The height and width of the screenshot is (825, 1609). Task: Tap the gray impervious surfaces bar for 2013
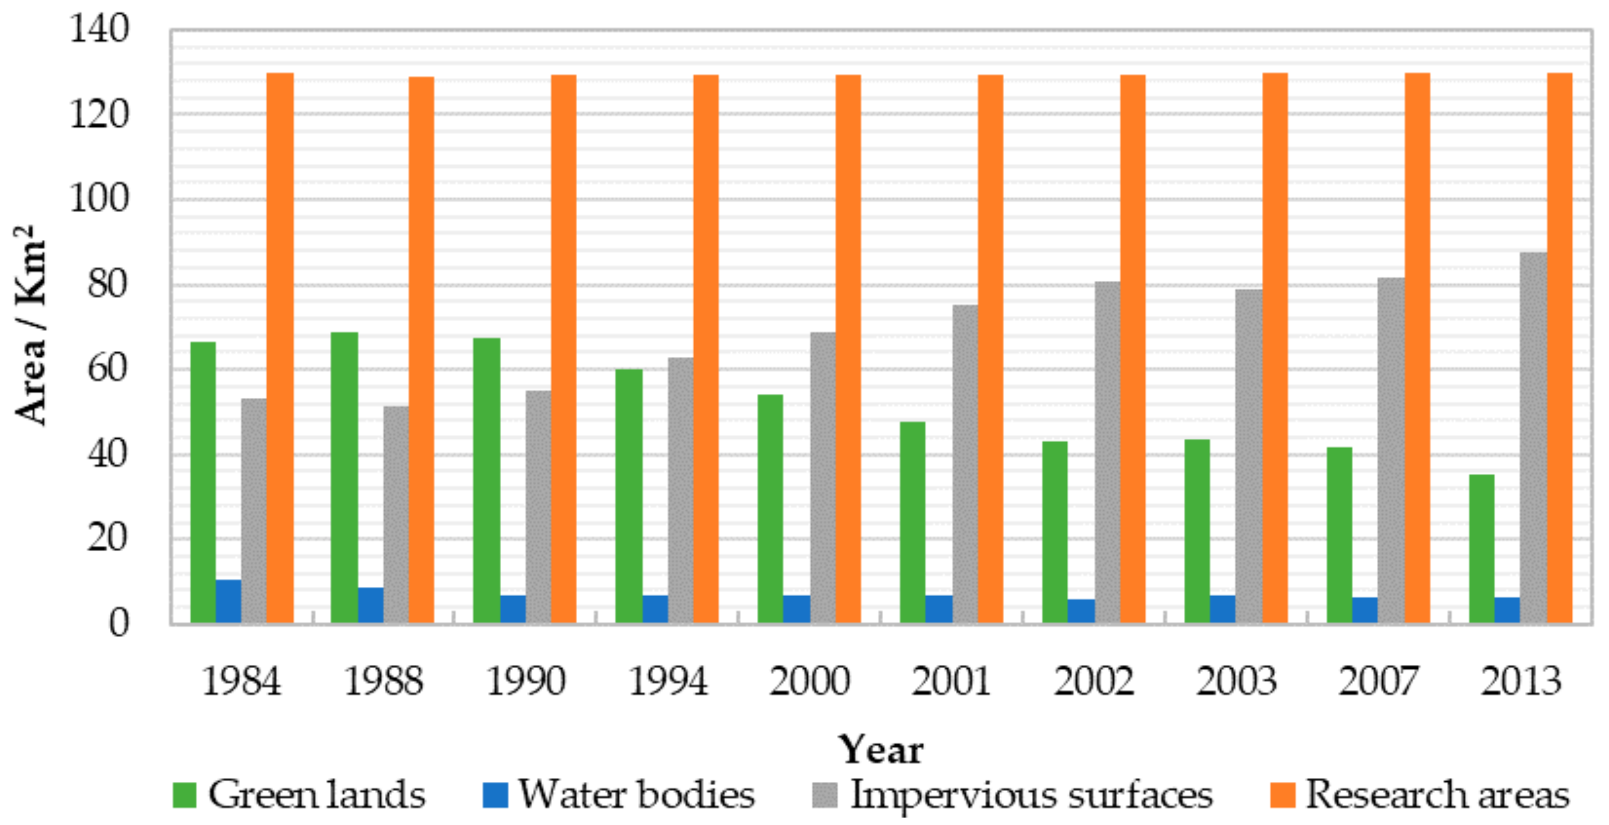[x=1534, y=437]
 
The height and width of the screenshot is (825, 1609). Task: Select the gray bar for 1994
[x=680, y=490]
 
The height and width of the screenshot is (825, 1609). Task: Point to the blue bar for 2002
[x=1081, y=611]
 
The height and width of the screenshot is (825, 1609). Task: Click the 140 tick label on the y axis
[x=99, y=29]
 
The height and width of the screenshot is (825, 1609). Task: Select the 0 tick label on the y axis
[x=119, y=623]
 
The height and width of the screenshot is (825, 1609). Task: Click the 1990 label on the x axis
[x=525, y=681]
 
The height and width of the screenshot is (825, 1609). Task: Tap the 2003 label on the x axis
[x=1236, y=681]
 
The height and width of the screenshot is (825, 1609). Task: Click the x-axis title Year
[x=880, y=750]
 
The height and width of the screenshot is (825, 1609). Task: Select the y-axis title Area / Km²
[x=30, y=325]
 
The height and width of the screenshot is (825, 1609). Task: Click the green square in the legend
[x=184, y=795]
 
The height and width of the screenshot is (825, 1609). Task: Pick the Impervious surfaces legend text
[x=1031, y=795]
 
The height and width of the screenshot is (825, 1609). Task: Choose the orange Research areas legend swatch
[x=1282, y=795]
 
